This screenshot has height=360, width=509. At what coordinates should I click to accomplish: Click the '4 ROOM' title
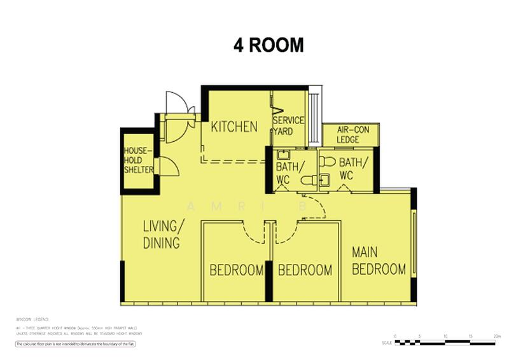tap(268, 46)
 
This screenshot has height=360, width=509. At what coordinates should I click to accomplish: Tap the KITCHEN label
tap(234, 127)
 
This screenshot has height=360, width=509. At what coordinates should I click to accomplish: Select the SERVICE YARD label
tap(288, 125)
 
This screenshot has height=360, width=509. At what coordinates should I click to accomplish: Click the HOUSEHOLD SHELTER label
tap(138, 160)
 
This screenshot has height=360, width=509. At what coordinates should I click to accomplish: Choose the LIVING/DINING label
tap(163, 234)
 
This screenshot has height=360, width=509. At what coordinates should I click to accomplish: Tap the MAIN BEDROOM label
tap(379, 261)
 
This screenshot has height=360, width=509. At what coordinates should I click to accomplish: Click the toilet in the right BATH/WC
tap(328, 161)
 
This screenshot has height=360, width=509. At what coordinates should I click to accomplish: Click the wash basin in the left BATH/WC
tap(283, 155)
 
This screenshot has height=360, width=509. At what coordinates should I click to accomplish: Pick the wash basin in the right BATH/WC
tap(324, 180)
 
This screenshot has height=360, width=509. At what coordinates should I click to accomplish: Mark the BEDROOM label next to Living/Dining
tap(237, 270)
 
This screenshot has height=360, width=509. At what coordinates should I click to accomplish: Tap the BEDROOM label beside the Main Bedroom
tap(305, 270)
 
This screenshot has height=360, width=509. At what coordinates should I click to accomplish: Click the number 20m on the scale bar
tap(496, 336)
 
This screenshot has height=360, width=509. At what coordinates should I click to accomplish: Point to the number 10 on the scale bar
tap(445, 336)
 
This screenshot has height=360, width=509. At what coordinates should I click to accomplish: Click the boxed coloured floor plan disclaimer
tap(76, 343)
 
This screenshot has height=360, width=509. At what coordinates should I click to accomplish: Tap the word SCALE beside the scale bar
tap(387, 342)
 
